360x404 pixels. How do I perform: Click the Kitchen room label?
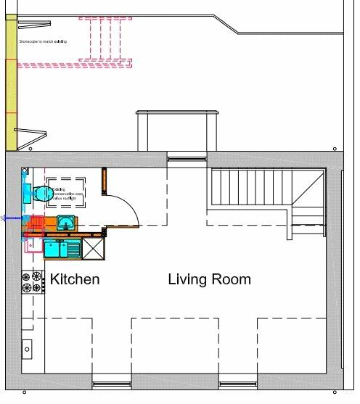click(x=74, y=279)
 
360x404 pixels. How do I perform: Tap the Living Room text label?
click(x=209, y=279)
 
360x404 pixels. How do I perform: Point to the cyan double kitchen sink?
click(x=62, y=249)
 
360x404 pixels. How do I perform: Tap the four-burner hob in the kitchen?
click(x=33, y=282)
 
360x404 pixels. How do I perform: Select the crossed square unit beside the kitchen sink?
click(x=94, y=248)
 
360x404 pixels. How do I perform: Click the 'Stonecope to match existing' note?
click(x=43, y=42)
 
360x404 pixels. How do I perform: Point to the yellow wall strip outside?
click(x=11, y=87)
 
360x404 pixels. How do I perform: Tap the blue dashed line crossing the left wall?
click(x=15, y=218)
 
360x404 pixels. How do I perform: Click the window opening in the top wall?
click(x=187, y=157)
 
